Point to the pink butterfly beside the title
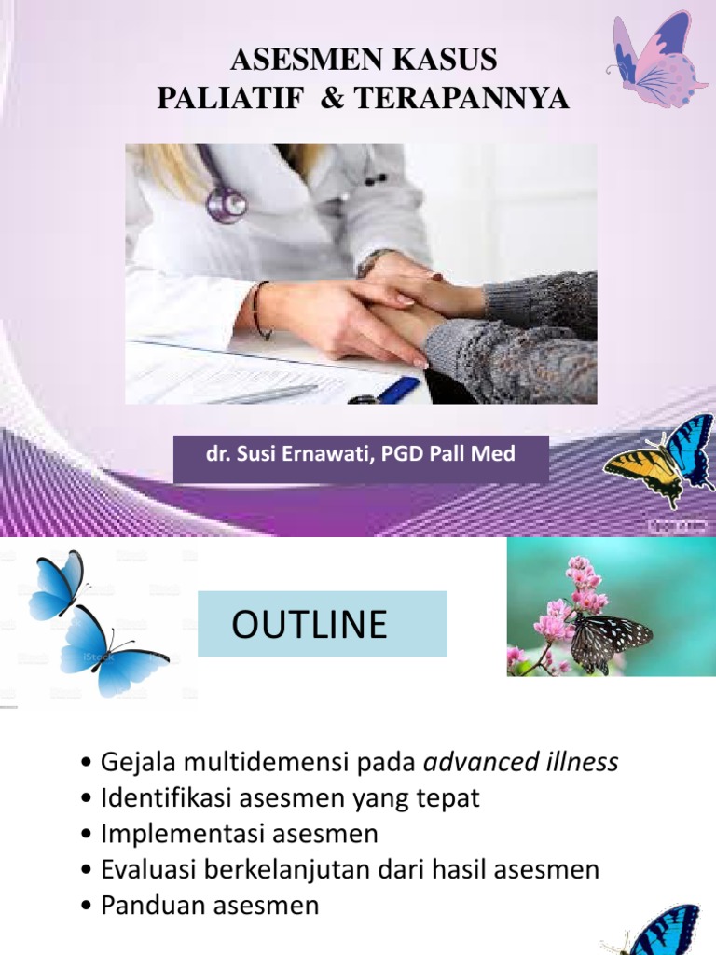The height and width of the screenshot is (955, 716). click(658, 59)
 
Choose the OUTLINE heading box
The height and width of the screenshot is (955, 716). click(323, 624)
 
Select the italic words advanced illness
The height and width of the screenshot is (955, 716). click(521, 763)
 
